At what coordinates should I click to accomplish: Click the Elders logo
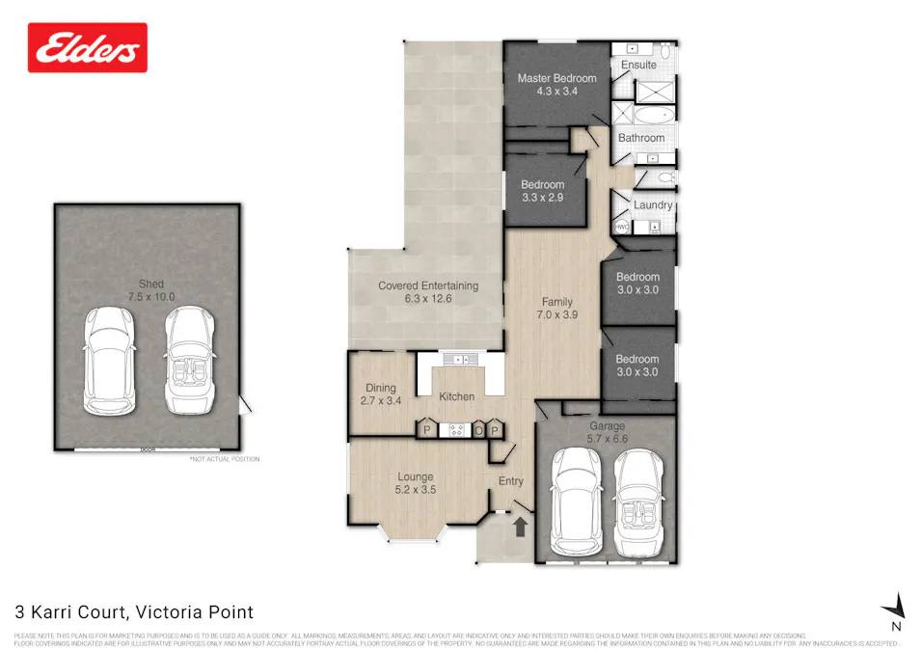pyautogui.click(x=88, y=48)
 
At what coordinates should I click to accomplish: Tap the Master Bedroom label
pyautogui.click(x=556, y=78)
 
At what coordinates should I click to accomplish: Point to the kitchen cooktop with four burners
pyautogui.click(x=455, y=430)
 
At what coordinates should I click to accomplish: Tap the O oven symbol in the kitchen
pyautogui.click(x=478, y=430)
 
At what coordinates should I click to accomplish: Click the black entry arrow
pyautogui.click(x=520, y=527)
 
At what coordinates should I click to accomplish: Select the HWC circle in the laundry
pyautogui.click(x=621, y=227)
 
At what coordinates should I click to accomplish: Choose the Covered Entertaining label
pyautogui.click(x=427, y=285)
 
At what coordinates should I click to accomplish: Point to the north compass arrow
pyautogui.click(x=897, y=606)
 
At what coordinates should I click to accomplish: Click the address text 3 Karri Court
pyautogui.click(x=134, y=611)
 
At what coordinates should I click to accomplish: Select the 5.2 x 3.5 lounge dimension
pyautogui.click(x=416, y=490)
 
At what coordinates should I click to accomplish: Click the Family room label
pyautogui.click(x=557, y=301)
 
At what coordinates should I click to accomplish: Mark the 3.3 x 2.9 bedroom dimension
pyautogui.click(x=541, y=197)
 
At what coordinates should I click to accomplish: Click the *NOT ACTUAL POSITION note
pyautogui.click(x=224, y=459)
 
